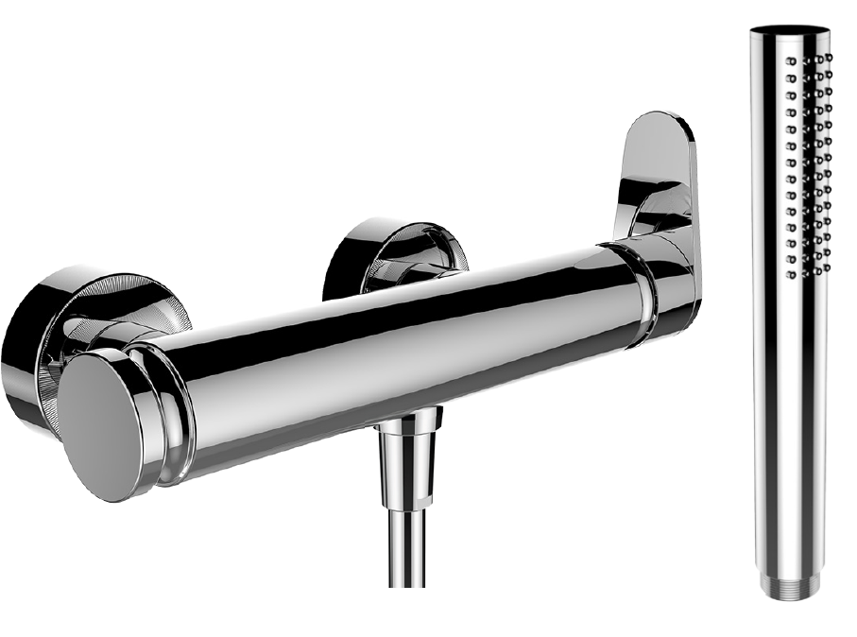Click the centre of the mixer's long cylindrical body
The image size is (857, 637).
(397, 350)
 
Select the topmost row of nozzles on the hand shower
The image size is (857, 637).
(809, 59)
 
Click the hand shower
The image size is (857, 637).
(790, 312)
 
